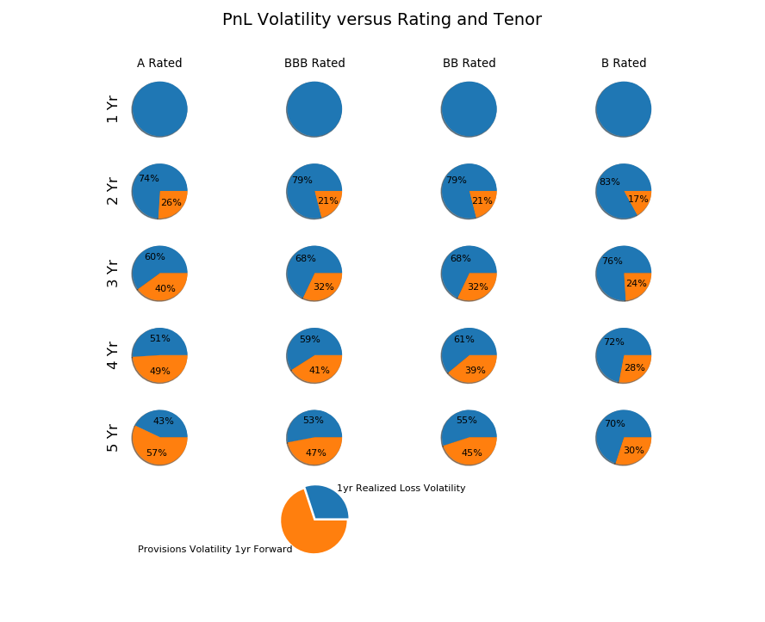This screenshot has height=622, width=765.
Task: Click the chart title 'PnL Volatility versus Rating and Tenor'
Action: pyautogui.click(x=382, y=20)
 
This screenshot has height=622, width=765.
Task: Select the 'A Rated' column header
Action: pyautogui.click(x=159, y=63)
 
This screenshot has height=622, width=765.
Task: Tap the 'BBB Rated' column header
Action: pyautogui.click(x=314, y=63)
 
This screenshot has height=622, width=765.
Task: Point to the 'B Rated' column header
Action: pyautogui.click(x=624, y=63)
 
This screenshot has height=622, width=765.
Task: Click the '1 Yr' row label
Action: pyautogui.click(x=113, y=109)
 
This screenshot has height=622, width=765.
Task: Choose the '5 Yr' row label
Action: pyautogui.click(x=113, y=438)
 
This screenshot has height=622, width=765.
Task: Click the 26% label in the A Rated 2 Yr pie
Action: pyautogui.click(x=171, y=203)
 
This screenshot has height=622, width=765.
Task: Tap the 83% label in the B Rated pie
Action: pyautogui.click(x=609, y=182)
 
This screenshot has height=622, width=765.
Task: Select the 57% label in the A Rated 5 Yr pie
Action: pyautogui.click(x=157, y=453)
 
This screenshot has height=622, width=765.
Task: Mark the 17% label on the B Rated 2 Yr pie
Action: pyautogui.click(x=638, y=200)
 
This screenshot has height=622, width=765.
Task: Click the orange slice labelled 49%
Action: pyautogui.click(x=160, y=368)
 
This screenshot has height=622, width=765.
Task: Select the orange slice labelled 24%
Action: pyautogui.click(x=637, y=286)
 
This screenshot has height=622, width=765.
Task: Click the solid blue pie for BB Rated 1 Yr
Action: pyautogui.click(x=469, y=109)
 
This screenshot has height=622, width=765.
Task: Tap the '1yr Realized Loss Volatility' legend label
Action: pyautogui.click(x=401, y=489)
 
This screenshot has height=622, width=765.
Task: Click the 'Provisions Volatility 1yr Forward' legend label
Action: pyautogui.click(x=215, y=550)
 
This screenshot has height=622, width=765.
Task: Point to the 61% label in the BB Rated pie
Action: pyautogui.click(x=463, y=340)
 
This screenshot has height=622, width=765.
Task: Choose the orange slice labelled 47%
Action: pyautogui.click(x=315, y=452)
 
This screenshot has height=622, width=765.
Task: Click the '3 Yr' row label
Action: pyautogui.click(x=113, y=274)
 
